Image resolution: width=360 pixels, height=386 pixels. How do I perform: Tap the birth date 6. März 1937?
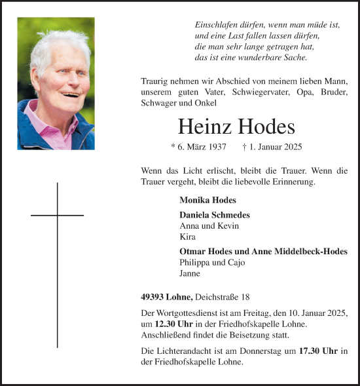click(198, 147)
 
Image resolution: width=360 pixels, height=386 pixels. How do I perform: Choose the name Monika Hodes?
click(207, 200)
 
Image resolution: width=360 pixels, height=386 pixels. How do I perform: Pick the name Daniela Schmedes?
click(214, 215)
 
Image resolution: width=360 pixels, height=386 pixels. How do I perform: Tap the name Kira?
click(187, 237)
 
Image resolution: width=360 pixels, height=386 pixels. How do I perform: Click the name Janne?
click(190, 273)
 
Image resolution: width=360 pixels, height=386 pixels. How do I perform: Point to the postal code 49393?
click(153, 297)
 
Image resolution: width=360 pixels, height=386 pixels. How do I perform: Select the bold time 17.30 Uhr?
click(318, 351)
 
